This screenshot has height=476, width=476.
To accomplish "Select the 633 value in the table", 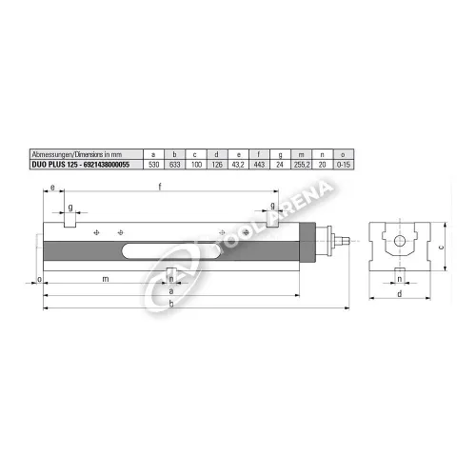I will coord(173,164).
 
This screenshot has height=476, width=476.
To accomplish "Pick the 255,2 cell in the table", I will coord(302,164).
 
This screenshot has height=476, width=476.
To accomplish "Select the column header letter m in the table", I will coord(302,153).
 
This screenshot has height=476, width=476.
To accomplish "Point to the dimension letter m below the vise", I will coord(105,279).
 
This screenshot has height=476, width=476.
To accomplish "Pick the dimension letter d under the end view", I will coord(399,294).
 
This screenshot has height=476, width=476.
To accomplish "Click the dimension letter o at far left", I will coord(37,279).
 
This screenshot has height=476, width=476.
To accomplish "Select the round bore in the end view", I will coord(400,239).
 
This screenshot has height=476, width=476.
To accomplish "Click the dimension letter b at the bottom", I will coord(170,304).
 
